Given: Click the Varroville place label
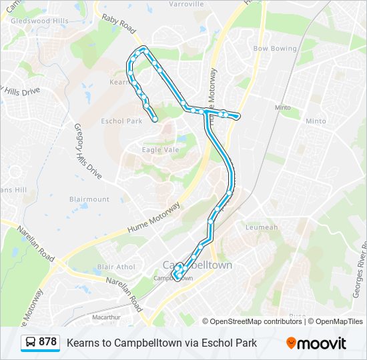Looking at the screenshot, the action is click(x=186, y=4).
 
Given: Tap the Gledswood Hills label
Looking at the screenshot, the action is click(x=40, y=21).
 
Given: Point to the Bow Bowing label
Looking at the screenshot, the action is click(x=274, y=49).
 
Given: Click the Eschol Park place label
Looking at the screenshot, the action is click(x=121, y=121).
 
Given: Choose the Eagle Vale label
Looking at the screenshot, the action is click(x=160, y=150).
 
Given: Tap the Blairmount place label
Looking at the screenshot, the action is click(x=89, y=199).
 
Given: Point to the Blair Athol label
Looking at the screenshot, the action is click(x=116, y=267).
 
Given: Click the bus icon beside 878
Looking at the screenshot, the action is click(x=30, y=343).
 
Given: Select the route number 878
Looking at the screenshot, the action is click(x=48, y=342).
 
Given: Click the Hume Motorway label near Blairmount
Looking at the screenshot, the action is click(x=153, y=220).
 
